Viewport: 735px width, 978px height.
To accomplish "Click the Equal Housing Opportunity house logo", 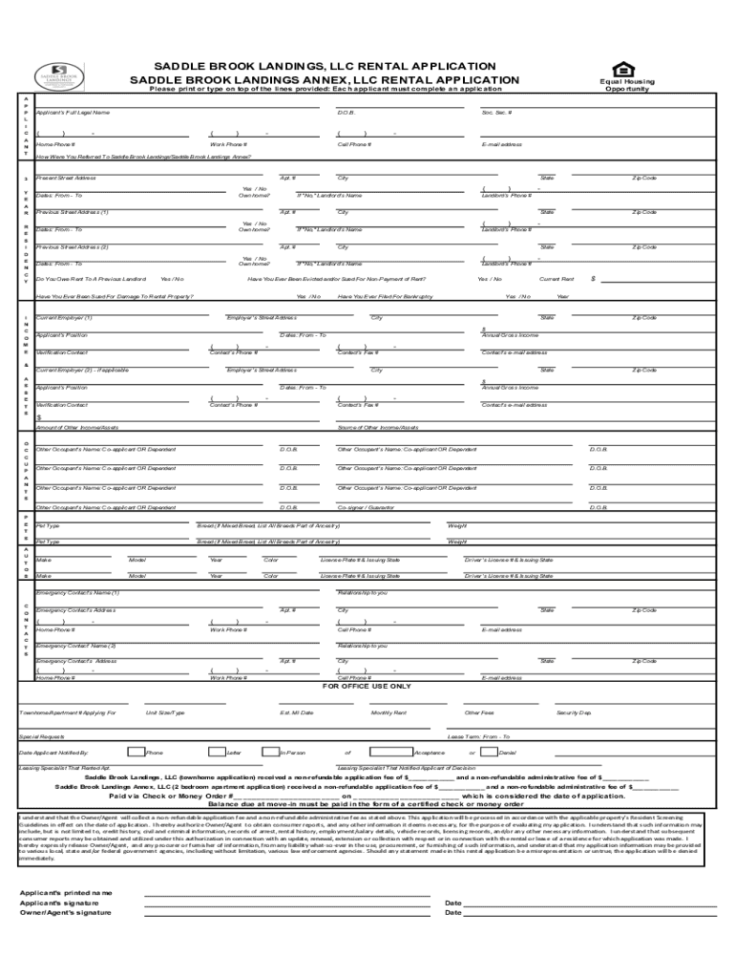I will [626, 68].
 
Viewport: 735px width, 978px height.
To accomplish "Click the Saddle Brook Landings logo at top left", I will [60, 75].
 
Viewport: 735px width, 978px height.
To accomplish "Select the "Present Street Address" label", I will [66, 178].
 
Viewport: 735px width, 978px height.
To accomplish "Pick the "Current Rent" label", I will [556, 279].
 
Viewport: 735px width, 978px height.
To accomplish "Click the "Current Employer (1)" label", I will [64, 317].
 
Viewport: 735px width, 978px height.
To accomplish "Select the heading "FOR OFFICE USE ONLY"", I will [367, 686].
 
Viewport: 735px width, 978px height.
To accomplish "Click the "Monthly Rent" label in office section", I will [388, 712].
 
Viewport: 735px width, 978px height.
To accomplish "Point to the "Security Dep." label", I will [574, 712].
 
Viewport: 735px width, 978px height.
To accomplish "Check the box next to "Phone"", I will [136, 753].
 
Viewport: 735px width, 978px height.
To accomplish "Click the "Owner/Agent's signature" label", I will [66, 912].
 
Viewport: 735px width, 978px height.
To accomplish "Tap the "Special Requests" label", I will [42, 736].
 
